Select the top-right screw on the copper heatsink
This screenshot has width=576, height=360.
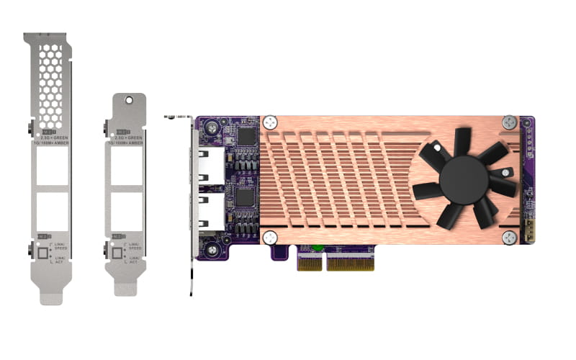tap(509, 122)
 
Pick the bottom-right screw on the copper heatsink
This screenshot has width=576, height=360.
tap(509, 238)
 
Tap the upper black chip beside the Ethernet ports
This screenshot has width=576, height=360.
tap(246, 136)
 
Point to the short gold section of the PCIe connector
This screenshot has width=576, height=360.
tap(309, 263)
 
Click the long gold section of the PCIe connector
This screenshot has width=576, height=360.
tap(351, 263)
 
